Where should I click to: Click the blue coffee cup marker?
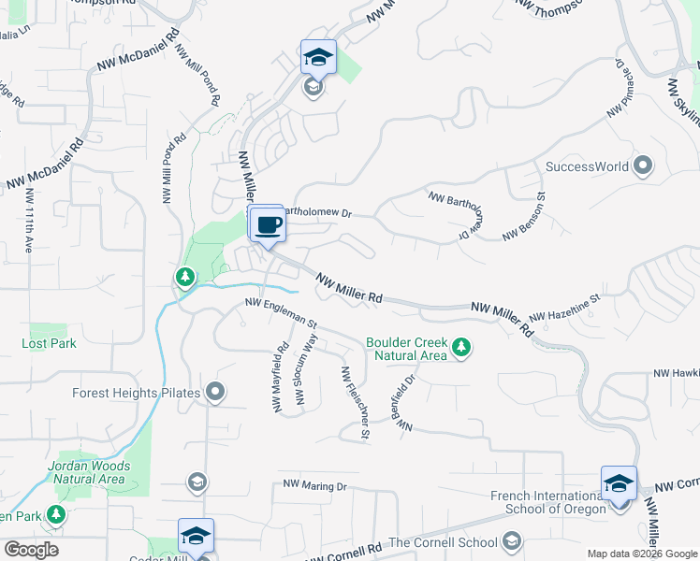[267, 225]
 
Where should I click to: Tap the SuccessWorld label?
[587, 167]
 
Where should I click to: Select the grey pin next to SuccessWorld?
[642, 167]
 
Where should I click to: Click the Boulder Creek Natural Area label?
[406, 349]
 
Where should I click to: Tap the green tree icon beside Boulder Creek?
[460, 349]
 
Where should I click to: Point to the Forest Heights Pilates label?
[137, 393]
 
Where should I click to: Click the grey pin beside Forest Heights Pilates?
[215, 393]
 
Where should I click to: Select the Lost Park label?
[49, 343]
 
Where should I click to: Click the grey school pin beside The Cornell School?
[511, 541]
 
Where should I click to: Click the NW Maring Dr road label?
[315, 487]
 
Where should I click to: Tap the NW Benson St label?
[524, 216]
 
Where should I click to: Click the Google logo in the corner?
[31, 550]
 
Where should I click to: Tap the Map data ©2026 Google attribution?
[642, 554]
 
